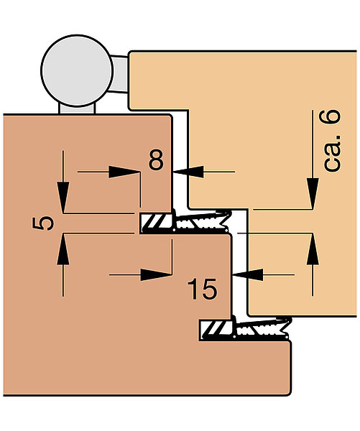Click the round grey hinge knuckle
point(77,70)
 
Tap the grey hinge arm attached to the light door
point(120,74)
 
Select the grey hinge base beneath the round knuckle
point(77,108)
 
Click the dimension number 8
point(156,159)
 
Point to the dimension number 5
point(43,223)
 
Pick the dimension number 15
point(202,289)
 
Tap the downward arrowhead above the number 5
point(63,197)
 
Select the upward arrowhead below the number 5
point(63,249)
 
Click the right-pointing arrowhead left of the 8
point(124,172)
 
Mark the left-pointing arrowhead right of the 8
point(189,172)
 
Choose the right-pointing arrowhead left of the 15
point(156,274)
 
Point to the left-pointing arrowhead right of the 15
point(247,274)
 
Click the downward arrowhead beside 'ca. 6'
point(313,193)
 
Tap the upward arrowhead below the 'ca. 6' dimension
point(313,249)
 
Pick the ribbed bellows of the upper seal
point(203,221)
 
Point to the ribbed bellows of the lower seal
point(262,328)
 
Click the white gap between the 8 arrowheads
point(180,172)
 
